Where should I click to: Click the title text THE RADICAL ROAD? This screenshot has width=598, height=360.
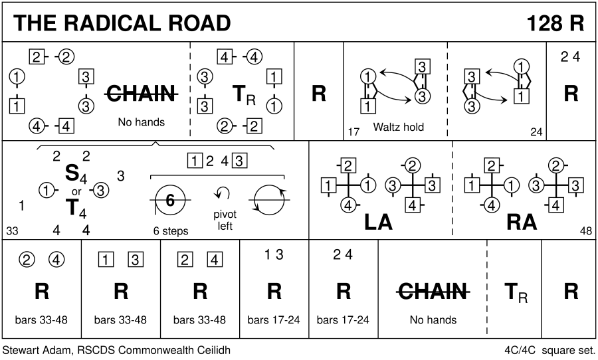pyautogui.click(x=122, y=23)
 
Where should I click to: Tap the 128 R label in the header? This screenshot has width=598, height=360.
pyautogui.click(x=555, y=23)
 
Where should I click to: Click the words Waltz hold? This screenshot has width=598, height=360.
pyautogui.click(x=399, y=126)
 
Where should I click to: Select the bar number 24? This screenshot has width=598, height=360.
pyautogui.click(x=536, y=132)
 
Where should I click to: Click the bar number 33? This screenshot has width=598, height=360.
pyautogui.click(x=12, y=231)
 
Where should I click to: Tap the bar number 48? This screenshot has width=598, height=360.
pyautogui.click(x=585, y=231)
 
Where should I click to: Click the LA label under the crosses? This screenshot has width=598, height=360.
pyautogui.click(x=379, y=223)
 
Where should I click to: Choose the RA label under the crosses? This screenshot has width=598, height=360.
pyautogui.click(x=522, y=223)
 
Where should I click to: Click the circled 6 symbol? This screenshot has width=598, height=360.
pyautogui.click(x=170, y=200)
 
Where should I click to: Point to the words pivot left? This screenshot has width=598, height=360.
pyautogui.click(x=225, y=220)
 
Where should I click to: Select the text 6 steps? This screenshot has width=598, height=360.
pyautogui.click(x=170, y=231)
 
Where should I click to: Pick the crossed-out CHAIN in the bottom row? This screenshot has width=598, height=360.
pyautogui.click(x=433, y=291)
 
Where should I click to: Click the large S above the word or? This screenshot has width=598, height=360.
pyautogui.click(x=71, y=173)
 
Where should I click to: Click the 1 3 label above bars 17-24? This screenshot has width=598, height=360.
pyautogui.click(x=274, y=254)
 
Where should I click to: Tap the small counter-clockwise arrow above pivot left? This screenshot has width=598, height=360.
pyautogui.click(x=222, y=194)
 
